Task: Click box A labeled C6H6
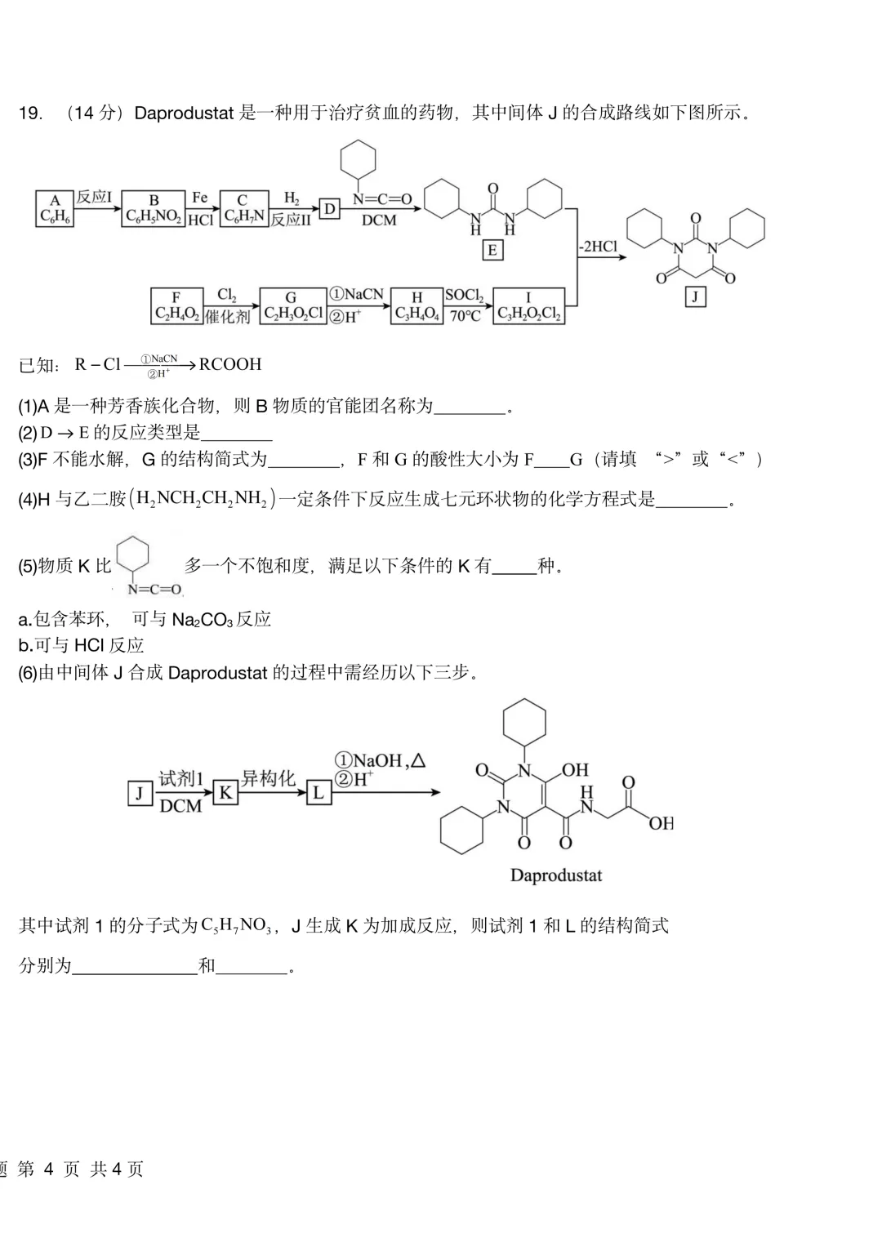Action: pyautogui.click(x=55, y=209)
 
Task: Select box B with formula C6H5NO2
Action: pyautogui.click(x=154, y=209)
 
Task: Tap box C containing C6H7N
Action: pyautogui.click(x=243, y=209)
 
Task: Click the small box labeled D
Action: pyautogui.click(x=329, y=209)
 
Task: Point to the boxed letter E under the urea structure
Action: pyautogui.click(x=492, y=250)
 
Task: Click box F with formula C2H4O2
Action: pyautogui.click(x=176, y=306)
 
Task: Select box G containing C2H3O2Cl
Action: pyautogui.click(x=292, y=306)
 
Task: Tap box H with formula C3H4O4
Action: pyautogui.click(x=416, y=306)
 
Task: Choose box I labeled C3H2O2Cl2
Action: pyautogui.click(x=529, y=306)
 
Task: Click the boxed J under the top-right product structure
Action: pyautogui.click(x=695, y=296)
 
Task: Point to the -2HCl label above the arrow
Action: pyautogui.click(x=598, y=246)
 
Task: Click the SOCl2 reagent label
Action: pyautogui.click(x=465, y=296)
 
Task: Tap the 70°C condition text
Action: pyautogui.click(x=465, y=316)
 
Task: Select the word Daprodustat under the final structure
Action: pyautogui.click(x=556, y=875)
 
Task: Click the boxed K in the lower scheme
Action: pyautogui.click(x=225, y=792)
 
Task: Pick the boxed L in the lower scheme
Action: pyautogui.click(x=318, y=792)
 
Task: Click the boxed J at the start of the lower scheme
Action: pyautogui.click(x=140, y=792)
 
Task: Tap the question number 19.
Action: pyautogui.click(x=30, y=114)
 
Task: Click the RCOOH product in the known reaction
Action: pyautogui.click(x=230, y=364)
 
